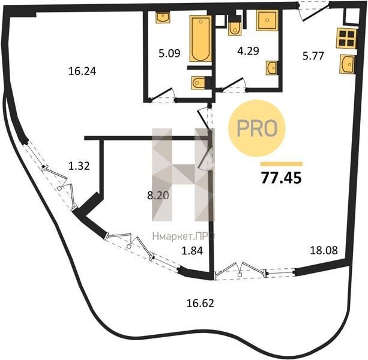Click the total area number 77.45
(x=282, y=178)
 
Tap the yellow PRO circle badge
(x=257, y=128)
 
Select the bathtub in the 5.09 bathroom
(x=200, y=38)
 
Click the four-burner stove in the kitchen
(x=346, y=38)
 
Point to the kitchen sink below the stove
(x=347, y=64)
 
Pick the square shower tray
(x=267, y=20)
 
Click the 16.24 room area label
(x=82, y=71)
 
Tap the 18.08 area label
(x=324, y=250)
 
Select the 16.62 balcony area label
(x=200, y=303)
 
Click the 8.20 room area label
(x=158, y=195)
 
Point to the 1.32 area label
(x=79, y=166)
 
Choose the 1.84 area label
(x=192, y=251)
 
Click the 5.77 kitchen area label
(x=313, y=56)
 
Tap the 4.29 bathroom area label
(x=248, y=51)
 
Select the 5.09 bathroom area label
(x=169, y=53)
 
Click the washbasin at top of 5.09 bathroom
(x=163, y=17)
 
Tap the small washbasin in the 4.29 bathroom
(x=271, y=68)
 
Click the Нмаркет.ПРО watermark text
(x=183, y=236)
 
